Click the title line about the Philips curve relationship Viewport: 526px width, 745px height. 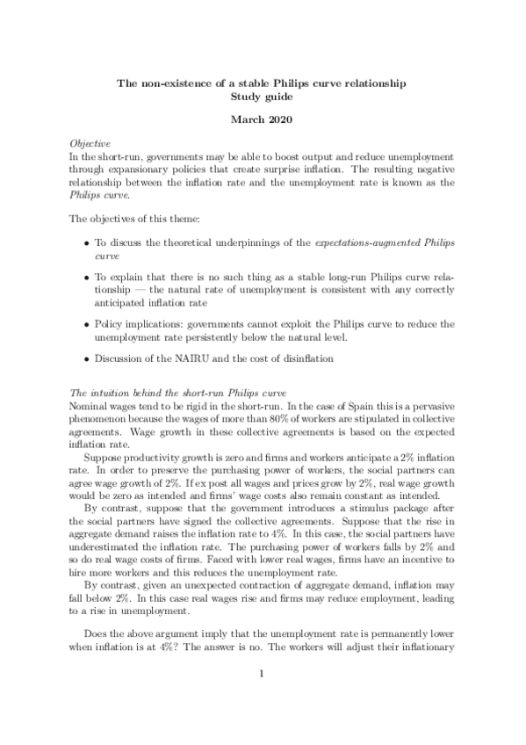coord(262,83)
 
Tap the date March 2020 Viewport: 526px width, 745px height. coord(262,118)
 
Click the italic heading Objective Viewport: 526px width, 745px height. coord(90,141)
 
